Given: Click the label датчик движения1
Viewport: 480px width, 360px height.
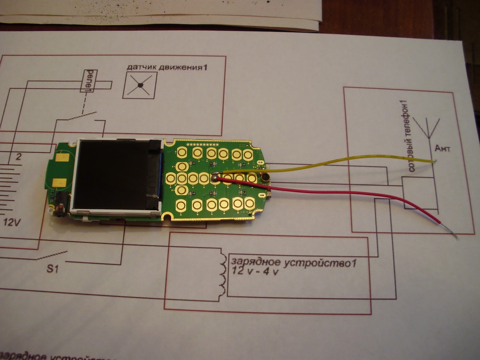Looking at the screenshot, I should tap(167, 67).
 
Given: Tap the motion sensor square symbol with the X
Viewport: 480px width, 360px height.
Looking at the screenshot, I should tap(140, 86).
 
